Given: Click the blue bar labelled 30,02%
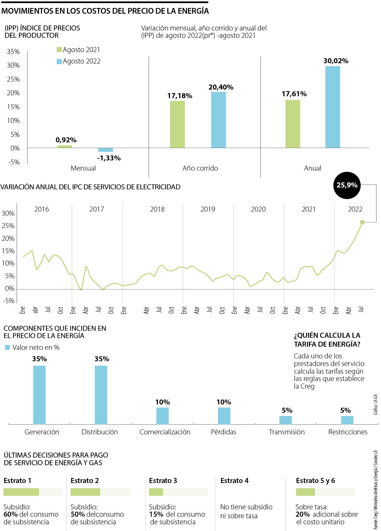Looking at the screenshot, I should coord(332,107).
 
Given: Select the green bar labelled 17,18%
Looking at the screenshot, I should coord(177,124).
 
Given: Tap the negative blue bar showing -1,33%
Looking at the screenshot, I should coord(105,150).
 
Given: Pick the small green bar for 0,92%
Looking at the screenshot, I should coord(64,146).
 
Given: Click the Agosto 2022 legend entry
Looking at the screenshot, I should coord(78,61).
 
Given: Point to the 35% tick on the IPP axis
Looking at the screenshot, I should coord(13,51).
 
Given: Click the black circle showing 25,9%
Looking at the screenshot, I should coord(347,185).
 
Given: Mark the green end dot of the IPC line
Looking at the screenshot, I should coord(362,222).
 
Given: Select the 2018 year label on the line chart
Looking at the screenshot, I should coord(157,209).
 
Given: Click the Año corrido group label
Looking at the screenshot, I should coord(200,168).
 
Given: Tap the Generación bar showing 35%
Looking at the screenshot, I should coord(39,394).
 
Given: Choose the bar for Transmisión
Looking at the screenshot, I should coord(285,420).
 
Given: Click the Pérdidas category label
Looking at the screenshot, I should coord(224,432).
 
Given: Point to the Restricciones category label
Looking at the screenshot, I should coord(348,432).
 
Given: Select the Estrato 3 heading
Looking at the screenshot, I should coord(163,481).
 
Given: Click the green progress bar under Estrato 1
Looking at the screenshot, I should coord(21,492).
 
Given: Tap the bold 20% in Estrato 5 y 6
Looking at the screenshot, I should coord(302,514).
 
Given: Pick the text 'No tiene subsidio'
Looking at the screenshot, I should coord(246,507).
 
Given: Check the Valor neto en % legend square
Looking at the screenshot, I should coord(8,347).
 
